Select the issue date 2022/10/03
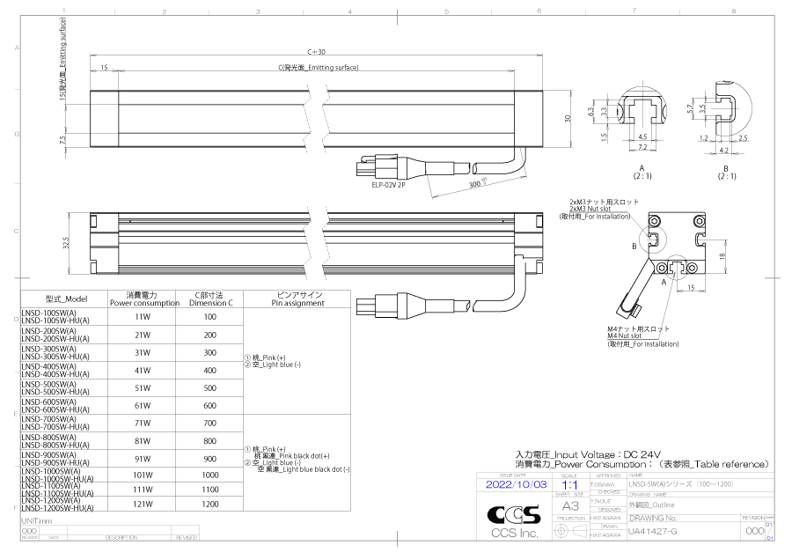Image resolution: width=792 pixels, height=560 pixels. click(x=516, y=484)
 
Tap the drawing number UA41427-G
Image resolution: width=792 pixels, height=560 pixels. click(x=652, y=532)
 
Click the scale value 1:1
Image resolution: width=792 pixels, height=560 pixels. click(x=569, y=484)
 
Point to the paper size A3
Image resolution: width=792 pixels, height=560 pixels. click(x=569, y=505)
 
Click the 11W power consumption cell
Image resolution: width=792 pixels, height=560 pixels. click(x=143, y=316)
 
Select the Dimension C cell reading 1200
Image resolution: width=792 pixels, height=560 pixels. click(x=209, y=505)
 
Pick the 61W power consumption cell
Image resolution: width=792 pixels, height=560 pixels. click(x=143, y=405)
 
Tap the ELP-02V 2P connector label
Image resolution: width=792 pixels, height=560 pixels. click(x=389, y=186)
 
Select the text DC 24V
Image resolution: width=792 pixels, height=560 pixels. click(x=649, y=453)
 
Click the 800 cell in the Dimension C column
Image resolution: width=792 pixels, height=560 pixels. click(x=209, y=441)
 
